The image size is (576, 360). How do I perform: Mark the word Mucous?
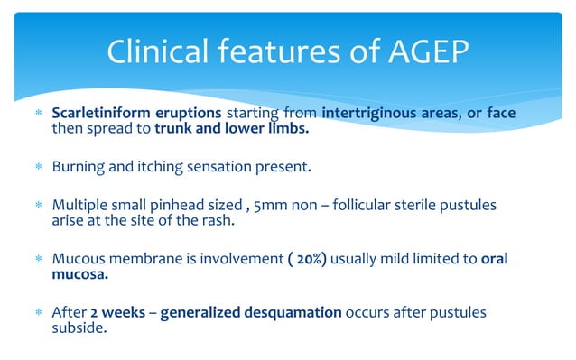[78, 259]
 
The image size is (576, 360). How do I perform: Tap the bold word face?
[495, 114]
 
